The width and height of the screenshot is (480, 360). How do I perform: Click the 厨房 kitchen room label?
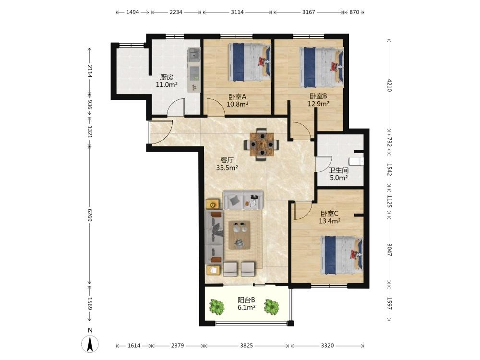(x=167, y=77)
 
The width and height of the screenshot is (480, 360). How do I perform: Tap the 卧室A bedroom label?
(x=237, y=97)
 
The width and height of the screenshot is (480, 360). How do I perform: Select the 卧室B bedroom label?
(x=318, y=96)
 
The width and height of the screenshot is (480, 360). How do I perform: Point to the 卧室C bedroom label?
(x=329, y=214)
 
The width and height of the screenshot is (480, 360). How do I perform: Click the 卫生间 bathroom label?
(x=338, y=170)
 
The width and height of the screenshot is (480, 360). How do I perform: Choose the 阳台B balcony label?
(x=246, y=300)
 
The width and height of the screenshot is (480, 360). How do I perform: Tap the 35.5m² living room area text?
(x=227, y=168)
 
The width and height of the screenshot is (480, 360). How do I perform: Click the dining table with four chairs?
(x=262, y=144)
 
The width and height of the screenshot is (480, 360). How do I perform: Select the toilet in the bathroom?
(x=356, y=161)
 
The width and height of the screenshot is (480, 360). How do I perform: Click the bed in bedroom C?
(x=342, y=255)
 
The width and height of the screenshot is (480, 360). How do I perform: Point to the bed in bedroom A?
(x=250, y=62)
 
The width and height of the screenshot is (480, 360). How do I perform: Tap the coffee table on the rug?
(x=240, y=235)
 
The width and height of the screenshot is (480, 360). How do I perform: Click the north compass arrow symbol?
(x=90, y=344)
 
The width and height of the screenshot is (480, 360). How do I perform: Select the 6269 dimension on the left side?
(x=90, y=215)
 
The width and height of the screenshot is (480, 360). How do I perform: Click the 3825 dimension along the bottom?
(x=246, y=346)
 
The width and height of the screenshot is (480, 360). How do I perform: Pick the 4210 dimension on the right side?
(x=389, y=85)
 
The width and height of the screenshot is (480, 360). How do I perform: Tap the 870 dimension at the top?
(x=354, y=12)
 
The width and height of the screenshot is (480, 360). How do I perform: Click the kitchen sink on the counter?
(x=194, y=55)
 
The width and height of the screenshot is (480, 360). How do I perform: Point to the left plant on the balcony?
(x=217, y=307)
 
